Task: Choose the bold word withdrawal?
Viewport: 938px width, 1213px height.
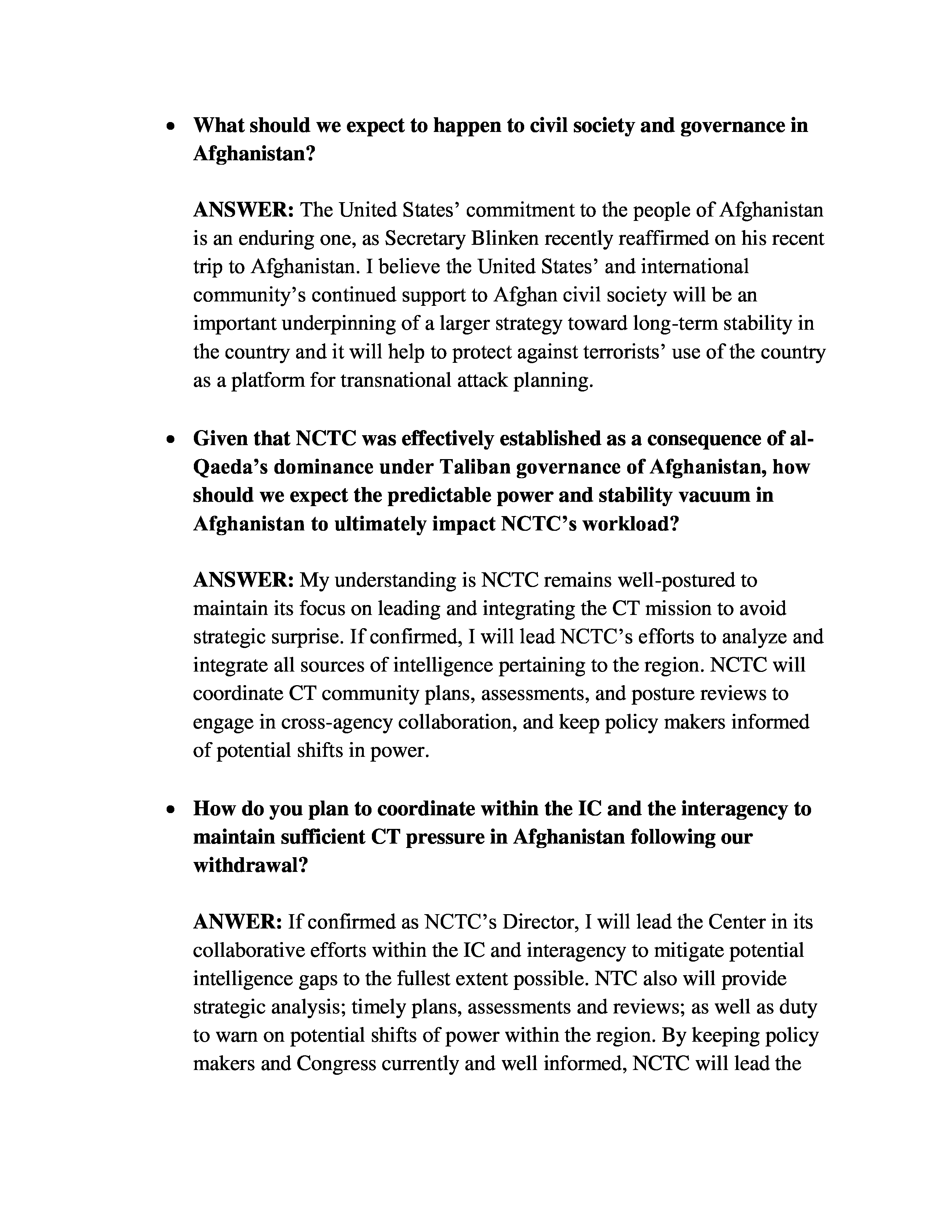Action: pyautogui.click(x=250, y=866)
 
